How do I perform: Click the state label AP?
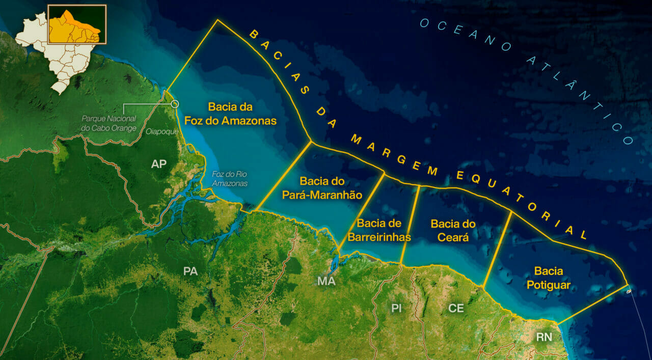tap(158, 164)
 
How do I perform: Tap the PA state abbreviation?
tap(190, 271)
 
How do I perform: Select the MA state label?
tap(326, 281)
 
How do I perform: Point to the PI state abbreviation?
tap(397, 308)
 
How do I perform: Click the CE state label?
tap(456, 308)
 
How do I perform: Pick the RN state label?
tap(544, 337)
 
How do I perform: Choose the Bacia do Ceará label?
tap(453, 230)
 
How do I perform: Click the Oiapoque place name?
tap(162, 132)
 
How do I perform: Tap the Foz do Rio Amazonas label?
tap(230, 178)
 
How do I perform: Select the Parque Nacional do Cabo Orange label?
tap(109, 123)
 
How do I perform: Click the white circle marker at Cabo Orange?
tap(175, 104)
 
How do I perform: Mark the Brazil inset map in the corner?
tap(62, 46)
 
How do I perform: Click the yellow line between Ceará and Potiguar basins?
tap(497, 250)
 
